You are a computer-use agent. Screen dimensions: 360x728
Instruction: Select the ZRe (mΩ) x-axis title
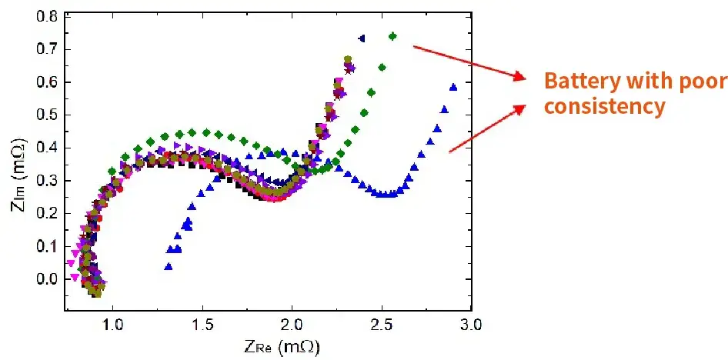(284, 347)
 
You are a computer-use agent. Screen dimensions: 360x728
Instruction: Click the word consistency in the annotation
(603, 106)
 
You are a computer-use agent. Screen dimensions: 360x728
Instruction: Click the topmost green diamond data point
(392, 36)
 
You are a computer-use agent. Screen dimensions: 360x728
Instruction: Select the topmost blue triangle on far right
(453, 87)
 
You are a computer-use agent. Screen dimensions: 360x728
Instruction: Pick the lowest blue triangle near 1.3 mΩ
(168, 267)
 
